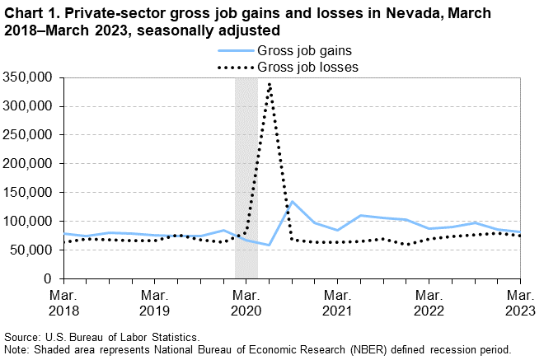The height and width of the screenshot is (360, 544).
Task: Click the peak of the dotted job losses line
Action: click(x=270, y=84)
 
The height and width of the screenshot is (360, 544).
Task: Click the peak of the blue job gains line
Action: click(x=292, y=202)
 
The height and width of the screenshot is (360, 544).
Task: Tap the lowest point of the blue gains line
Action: click(x=270, y=245)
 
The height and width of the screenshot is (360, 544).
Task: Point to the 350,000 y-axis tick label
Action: click(x=30, y=77)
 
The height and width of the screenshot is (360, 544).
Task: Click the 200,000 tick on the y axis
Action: click(x=30, y=164)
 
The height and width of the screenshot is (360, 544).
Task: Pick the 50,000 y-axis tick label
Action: click(x=34, y=250)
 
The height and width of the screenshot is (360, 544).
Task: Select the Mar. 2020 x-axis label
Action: click(x=246, y=302)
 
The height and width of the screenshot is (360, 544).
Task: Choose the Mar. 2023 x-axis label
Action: click(x=520, y=302)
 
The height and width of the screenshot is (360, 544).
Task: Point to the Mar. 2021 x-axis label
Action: click(x=337, y=302)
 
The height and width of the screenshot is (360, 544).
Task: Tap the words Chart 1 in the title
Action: click(x=28, y=13)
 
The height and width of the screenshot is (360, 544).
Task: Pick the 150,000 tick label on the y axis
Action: click(x=30, y=193)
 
